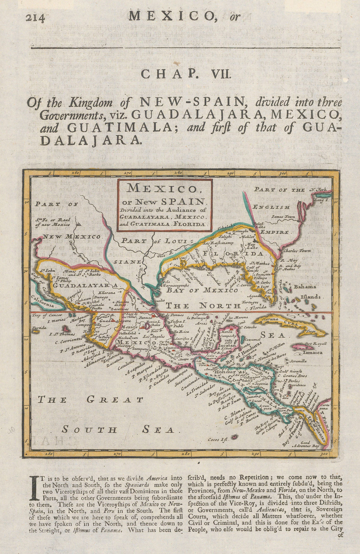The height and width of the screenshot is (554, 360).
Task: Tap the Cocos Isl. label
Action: coord(219,440)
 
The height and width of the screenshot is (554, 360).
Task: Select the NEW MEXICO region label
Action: coord(72,237)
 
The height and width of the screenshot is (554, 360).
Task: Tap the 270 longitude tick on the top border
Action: coord(128,172)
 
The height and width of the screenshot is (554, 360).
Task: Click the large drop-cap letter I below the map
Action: coord(34,482)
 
